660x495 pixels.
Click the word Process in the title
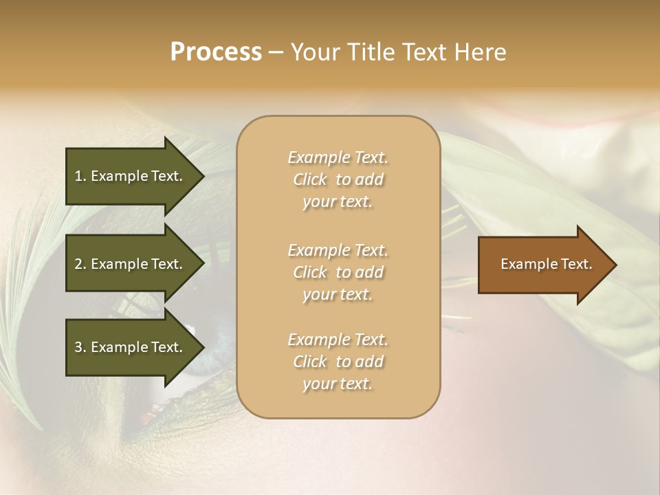[216, 52]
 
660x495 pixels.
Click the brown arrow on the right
[543, 265]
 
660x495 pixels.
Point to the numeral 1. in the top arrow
[80, 176]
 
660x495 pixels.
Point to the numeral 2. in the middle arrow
[80, 264]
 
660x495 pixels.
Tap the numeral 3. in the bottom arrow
[80, 347]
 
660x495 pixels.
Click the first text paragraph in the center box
[338, 179]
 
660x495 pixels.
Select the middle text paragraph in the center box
[338, 272]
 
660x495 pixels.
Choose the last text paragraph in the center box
[338, 362]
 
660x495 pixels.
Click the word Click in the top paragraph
[310, 179]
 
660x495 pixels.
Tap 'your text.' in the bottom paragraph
[338, 384]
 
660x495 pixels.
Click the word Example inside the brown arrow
[523, 264]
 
